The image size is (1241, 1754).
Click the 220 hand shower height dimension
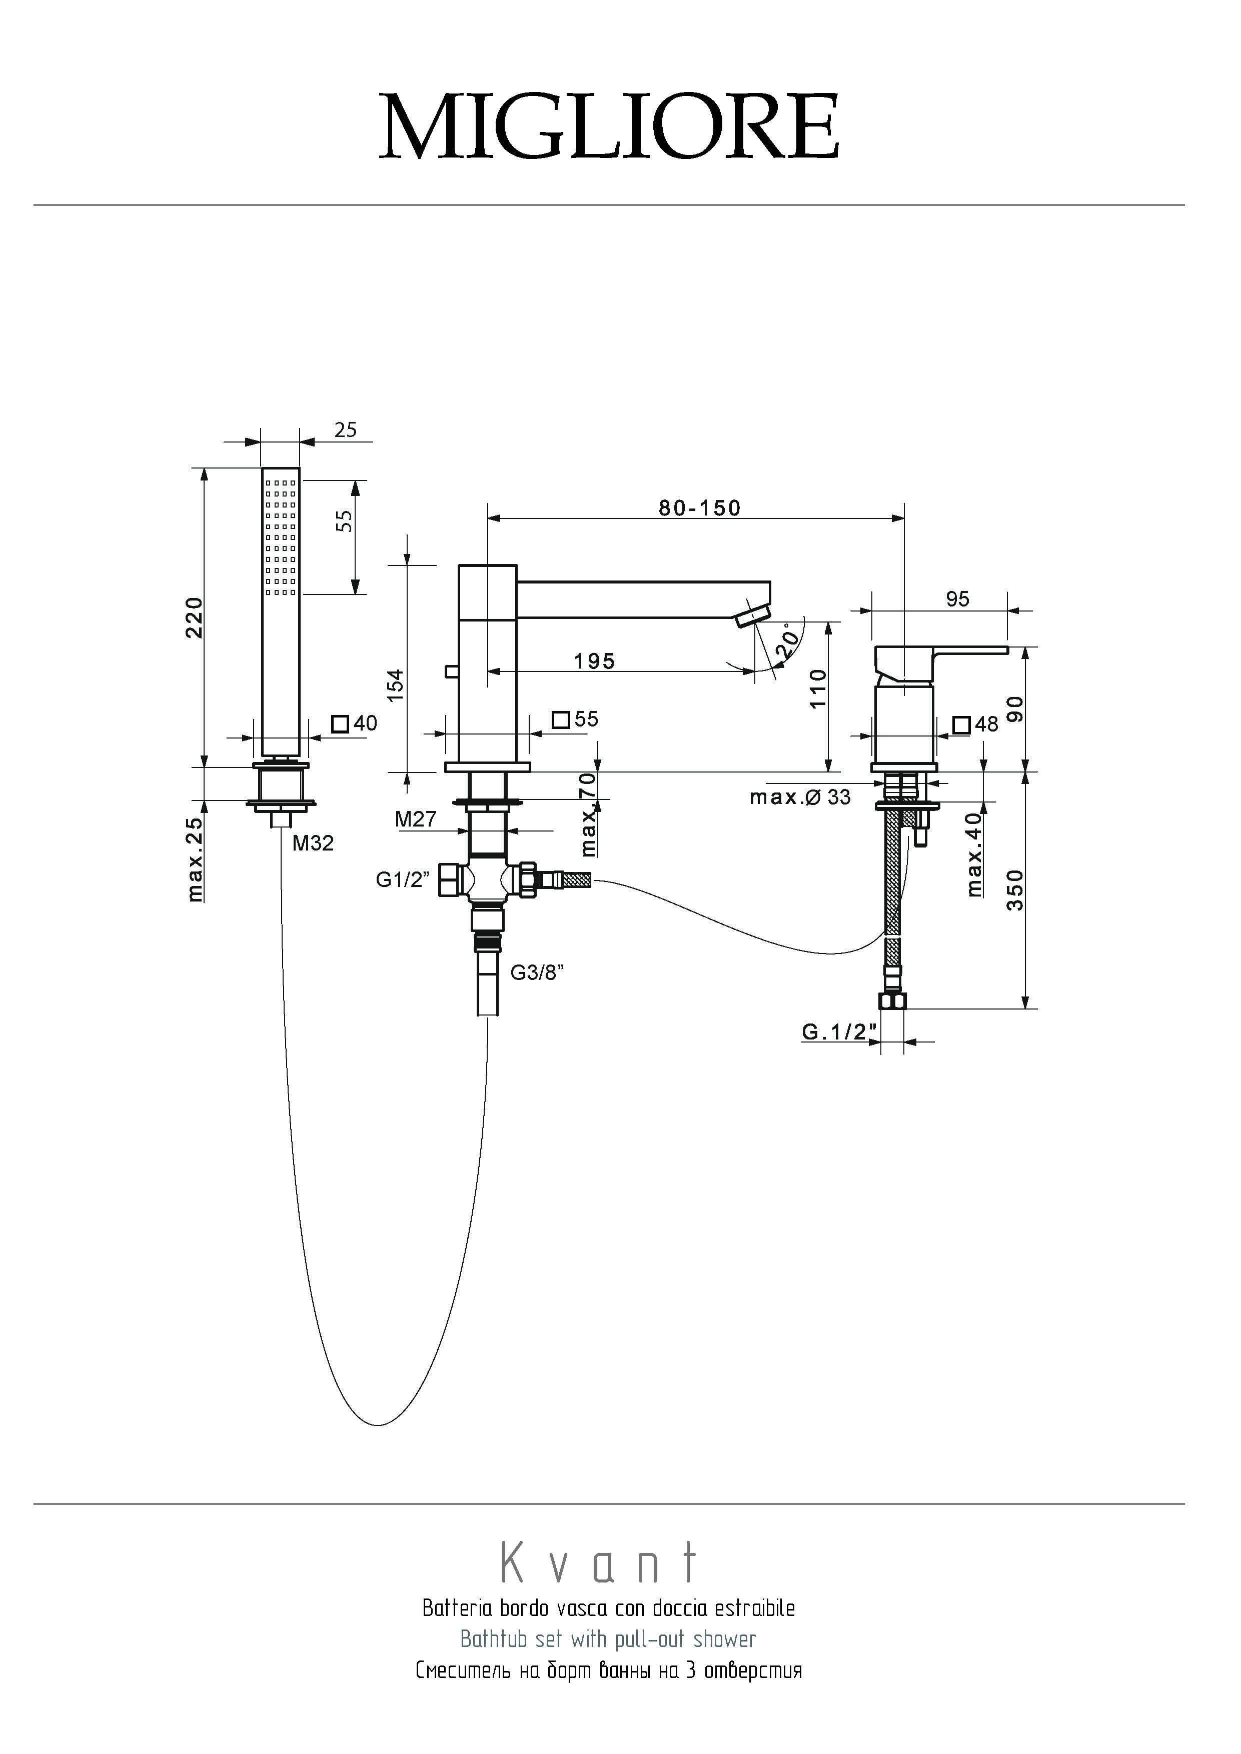[196, 617]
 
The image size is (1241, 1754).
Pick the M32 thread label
[313, 843]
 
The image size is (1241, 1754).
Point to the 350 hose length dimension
[1015, 890]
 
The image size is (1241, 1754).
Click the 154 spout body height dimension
[395, 685]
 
